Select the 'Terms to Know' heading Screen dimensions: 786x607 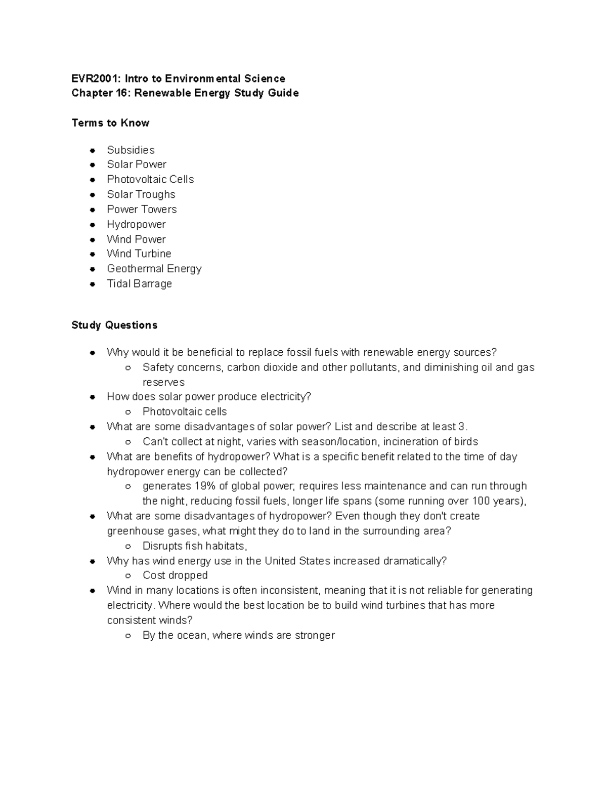[x=110, y=123]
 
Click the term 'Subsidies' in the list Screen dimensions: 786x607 [x=131, y=150]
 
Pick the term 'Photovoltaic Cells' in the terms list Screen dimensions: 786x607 [x=150, y=180]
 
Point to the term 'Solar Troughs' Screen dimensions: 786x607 [x=141, y=194]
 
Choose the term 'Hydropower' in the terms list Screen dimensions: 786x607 [x=136, y=224]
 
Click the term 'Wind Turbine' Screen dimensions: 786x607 [x=139, y=254]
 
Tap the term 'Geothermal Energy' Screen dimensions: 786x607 [x=154, y=269]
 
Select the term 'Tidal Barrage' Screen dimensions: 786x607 [x=139, y=284]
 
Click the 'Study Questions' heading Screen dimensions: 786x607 [x=114, y=325]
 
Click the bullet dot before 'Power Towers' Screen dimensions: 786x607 [x=93, y=210]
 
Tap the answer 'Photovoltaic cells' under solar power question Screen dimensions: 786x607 [x=185, y=412]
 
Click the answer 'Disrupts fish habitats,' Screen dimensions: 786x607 [x=195, y=546]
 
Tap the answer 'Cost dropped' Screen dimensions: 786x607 [x=175, y=575]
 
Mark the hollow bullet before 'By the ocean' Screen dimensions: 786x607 [x=128, y=636]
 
